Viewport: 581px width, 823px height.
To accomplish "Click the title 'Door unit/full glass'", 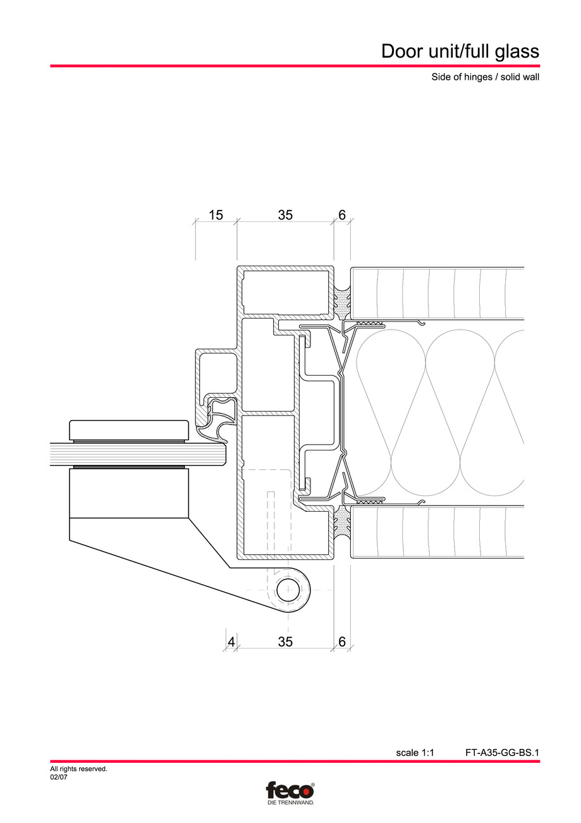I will pos(460,51).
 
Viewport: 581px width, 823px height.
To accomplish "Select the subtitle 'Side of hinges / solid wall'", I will pos(480,78).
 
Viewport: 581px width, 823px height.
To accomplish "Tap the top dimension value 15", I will pos(216,215).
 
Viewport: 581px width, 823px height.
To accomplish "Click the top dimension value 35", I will pos(285,215).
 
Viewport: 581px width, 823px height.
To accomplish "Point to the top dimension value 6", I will pos(342,215).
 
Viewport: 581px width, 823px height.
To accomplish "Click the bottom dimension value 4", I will pos(231,642).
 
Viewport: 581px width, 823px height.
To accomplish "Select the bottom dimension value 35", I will pos(285,642).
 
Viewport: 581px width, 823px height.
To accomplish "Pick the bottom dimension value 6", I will pos(342,642).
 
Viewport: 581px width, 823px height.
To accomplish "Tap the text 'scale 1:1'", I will pos(415,753).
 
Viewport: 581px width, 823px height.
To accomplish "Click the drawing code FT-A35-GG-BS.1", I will pos(502,753).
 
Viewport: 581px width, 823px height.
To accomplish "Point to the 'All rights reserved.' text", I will pos(78,769).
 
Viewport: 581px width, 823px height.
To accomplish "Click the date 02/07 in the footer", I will pos(59,777).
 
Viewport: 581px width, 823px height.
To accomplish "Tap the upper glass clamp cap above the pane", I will pos(129,431).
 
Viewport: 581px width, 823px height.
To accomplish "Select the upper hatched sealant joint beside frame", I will pos(342,302).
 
